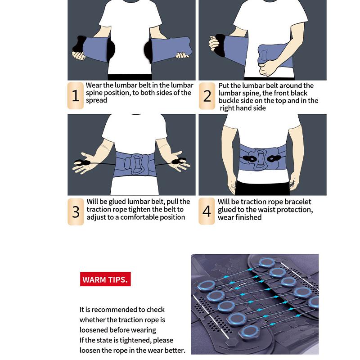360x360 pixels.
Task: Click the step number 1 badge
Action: [75, 95]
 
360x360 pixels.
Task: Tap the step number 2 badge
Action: [207, 96]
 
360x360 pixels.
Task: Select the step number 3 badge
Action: [76, 211]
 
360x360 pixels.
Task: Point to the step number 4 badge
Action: [207, 211]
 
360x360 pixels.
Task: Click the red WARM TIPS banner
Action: [105, 279]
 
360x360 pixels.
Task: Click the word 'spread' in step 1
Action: [96, 100]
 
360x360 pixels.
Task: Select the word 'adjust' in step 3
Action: [96, 217]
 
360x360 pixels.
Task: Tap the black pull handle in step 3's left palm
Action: [82, 162]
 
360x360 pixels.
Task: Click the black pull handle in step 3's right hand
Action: [179, 161]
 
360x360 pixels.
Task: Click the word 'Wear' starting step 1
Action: [94, 85]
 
